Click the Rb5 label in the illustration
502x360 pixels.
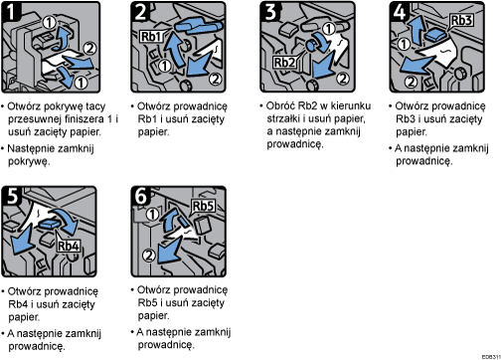click(203, 208)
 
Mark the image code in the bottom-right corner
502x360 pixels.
click(488, 355)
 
